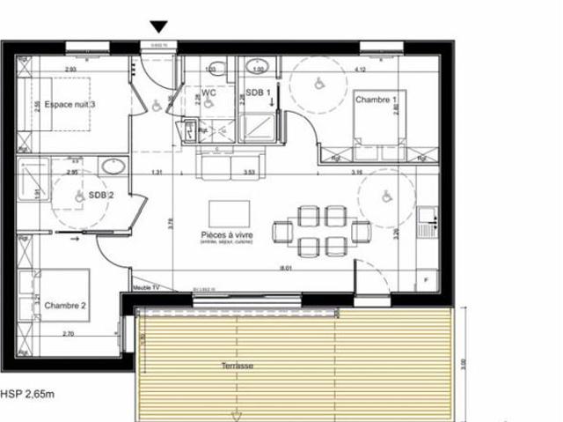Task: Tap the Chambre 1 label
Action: pos(377,100)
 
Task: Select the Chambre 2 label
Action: pos(65,305)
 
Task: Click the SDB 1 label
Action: pos(258,92)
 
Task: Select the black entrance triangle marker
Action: pos(159,27)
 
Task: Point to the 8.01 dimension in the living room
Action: pos(284,266)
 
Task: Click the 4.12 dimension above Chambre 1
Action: pos(359,68)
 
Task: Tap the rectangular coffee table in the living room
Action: pos(229,212)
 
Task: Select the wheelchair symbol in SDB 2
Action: pos(78,196)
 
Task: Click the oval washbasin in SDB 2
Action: pos(112,165)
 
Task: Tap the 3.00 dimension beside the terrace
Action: pos(464,361)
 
